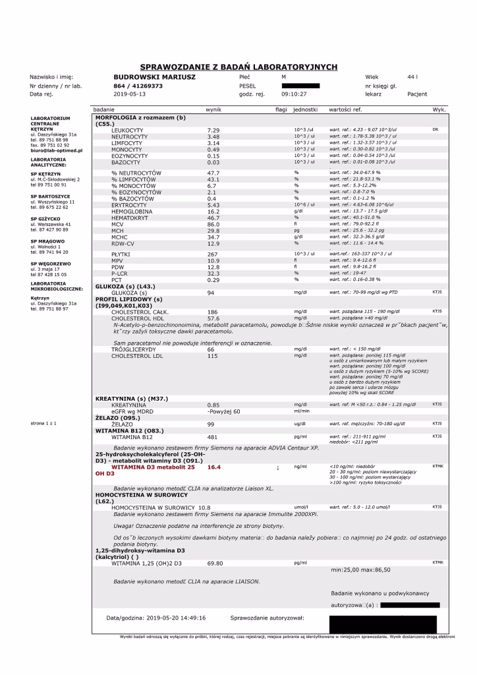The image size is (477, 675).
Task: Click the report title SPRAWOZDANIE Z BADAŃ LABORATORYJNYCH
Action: tap(238, 67)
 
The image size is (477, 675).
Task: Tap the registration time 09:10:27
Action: tap(294, 94)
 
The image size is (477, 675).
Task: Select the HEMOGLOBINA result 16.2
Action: tap(213, 212)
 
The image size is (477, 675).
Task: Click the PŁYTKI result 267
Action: tap(212, 254)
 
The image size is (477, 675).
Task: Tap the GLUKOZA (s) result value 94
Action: tap(211, 292)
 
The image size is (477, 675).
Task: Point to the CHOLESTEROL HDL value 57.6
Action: tap(213, 318)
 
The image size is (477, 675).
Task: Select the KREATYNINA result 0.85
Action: tap(213, 405)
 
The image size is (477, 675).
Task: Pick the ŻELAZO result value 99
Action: tap(211, 424)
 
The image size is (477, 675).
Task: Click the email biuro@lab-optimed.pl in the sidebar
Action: tap(56, 150)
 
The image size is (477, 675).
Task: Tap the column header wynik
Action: tap(213, 109)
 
